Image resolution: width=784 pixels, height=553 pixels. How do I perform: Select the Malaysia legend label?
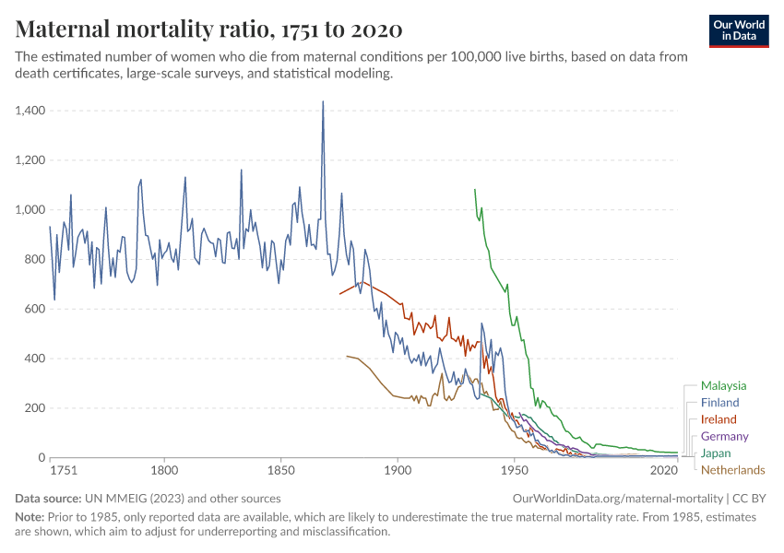723,386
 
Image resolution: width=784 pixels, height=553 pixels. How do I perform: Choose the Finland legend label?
719,403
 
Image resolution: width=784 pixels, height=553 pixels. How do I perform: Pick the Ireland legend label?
719,419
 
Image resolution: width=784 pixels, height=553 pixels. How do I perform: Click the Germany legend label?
724,436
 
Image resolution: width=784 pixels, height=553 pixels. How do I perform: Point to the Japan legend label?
716,453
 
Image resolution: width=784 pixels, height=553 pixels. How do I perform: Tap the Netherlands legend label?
732,470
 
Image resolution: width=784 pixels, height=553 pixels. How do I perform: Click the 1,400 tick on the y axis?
31,111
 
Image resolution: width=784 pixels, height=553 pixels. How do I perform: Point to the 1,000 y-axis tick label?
31,209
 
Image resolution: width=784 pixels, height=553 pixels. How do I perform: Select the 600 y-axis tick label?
35,309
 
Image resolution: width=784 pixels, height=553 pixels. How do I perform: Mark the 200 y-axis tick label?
35,408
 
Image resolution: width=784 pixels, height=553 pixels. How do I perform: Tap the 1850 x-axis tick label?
280,470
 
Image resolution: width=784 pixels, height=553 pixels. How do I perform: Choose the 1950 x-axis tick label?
514,470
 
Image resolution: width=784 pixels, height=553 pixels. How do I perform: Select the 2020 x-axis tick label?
664,470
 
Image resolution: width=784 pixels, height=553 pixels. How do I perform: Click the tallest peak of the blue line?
323,101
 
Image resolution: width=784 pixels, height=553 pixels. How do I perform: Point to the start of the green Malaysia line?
475,189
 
